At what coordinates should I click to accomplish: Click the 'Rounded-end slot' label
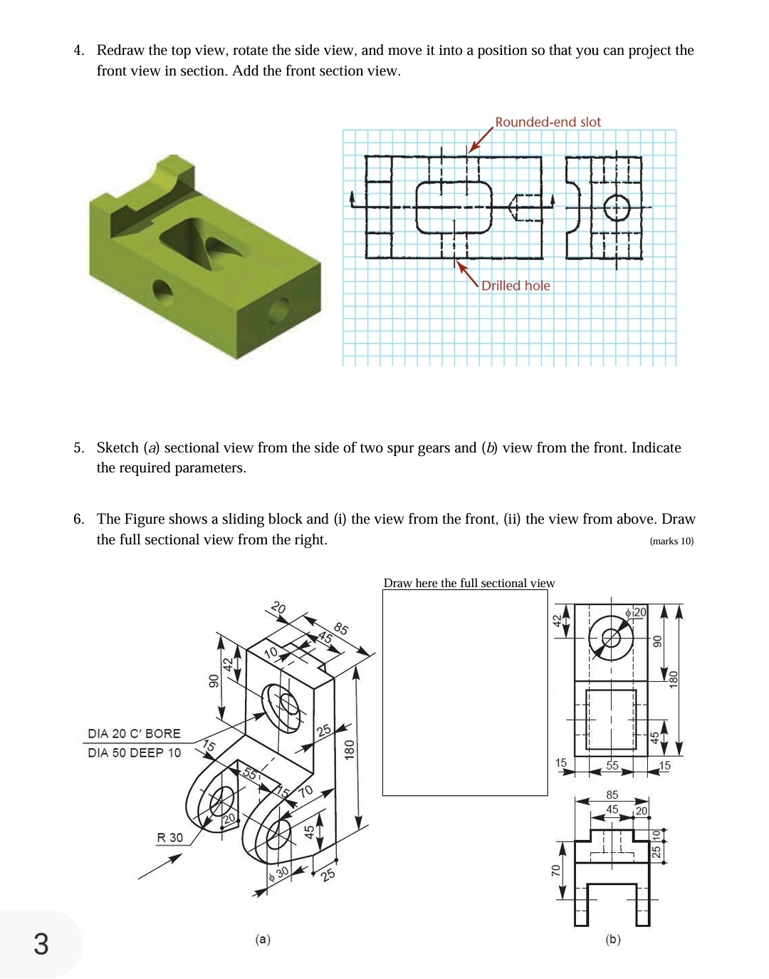coord(548,122)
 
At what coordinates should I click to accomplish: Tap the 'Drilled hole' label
coord(516,286)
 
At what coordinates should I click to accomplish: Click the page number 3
coord(41,943)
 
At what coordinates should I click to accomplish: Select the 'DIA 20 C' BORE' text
coord(134,733)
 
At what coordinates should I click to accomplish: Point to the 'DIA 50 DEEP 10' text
coord(134,752)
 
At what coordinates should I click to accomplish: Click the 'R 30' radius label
coord(169,837)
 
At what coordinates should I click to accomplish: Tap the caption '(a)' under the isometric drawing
coord(263,939)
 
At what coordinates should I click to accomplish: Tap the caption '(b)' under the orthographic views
coord(612,939)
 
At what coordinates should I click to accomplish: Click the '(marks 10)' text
coord(671,541)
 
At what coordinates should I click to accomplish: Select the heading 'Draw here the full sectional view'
coord(469,583)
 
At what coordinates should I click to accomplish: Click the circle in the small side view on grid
coord(617,208)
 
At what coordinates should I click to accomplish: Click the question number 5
coord(78,447)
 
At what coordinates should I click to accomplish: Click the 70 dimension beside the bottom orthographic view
coord(556,871)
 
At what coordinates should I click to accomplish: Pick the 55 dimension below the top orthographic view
coord(612,765)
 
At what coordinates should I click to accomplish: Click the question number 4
coord(78,50)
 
